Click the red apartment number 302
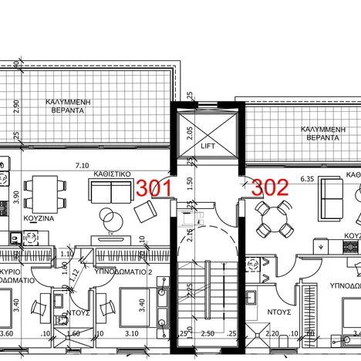pyautogui.click(x=271, y=187)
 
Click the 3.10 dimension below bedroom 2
pyautogui.click(x=131, y=334)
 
